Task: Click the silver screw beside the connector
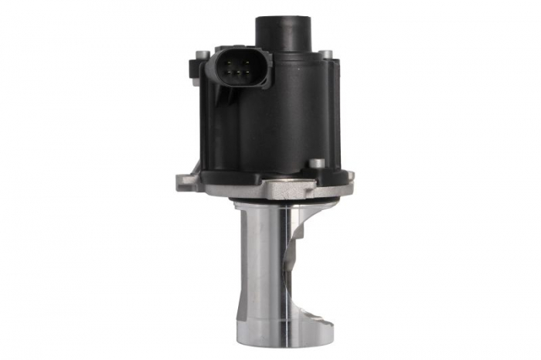(x=202, y=56)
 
